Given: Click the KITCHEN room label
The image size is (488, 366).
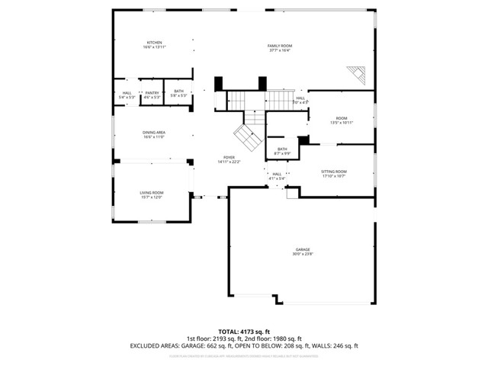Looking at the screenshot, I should tap(154, 43).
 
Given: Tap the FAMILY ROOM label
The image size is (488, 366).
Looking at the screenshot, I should tap(280, 46).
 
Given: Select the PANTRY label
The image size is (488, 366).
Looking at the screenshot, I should tap(152, 93).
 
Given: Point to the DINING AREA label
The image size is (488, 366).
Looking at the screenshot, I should tap(154, 133).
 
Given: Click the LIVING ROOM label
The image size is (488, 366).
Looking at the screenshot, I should tap(151, 193).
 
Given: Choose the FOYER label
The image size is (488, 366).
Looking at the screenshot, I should tap(229, 157).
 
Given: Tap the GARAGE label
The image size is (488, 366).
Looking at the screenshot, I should tap(303, 249).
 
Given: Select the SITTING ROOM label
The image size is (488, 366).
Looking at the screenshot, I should tap(334, 172).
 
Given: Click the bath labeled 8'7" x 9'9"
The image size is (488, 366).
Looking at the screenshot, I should tap(282, 149).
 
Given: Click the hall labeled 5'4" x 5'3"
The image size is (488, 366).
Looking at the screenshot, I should tap(127, 93).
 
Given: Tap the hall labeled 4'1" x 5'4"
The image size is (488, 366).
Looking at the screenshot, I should tap(277, 174).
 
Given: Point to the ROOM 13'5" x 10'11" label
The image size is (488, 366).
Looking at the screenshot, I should tap(342, 118).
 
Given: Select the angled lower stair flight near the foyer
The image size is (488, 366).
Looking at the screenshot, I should tap(247, 138).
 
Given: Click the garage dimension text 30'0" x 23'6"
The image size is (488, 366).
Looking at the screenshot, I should tap(303, 254).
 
